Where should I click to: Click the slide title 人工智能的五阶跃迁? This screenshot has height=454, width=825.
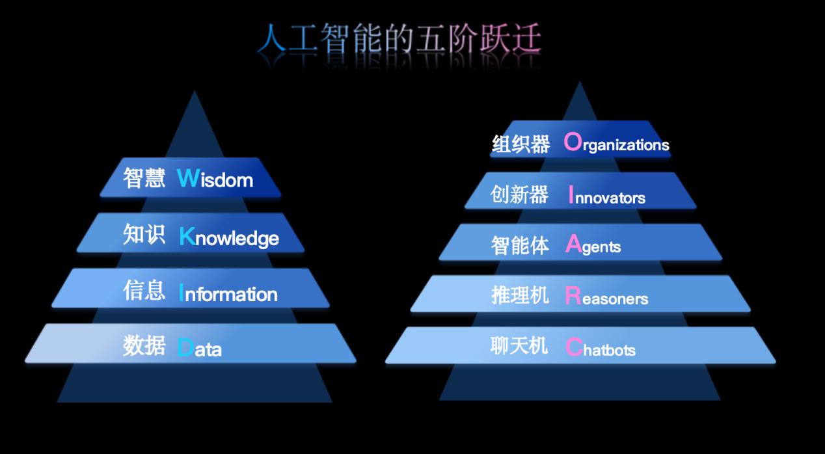coord(399,38)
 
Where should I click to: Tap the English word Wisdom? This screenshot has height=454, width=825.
coord(215,179)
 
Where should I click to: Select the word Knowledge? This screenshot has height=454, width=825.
coord(229,237)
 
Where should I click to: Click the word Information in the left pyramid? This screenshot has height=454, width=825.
coord(228,293)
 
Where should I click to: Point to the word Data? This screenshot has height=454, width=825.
coord(200,348)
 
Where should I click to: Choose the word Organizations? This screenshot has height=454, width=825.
coord(617,142)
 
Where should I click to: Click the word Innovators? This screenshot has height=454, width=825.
coord(607,195)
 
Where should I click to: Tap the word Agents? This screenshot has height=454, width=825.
coord(593,245)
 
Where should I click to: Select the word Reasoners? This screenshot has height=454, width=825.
coord(606,296)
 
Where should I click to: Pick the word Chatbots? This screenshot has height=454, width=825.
coord(601,347)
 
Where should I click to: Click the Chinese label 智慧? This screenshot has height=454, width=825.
coord(144,178)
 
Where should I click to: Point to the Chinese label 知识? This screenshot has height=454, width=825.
coord(144,234)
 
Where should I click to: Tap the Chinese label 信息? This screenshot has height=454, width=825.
coord(144,290)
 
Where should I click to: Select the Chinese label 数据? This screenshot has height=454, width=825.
coord(144,345)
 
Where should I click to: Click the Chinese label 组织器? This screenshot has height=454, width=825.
coord(521,144)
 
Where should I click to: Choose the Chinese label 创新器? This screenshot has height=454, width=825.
coord(519,194)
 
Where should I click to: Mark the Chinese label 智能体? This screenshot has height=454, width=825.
coord(520,245)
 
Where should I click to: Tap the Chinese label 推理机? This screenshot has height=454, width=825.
coord(520,295)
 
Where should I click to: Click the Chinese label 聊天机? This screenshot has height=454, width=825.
coord(519,346)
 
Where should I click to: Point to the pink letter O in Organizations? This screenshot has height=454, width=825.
coord(573,141)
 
